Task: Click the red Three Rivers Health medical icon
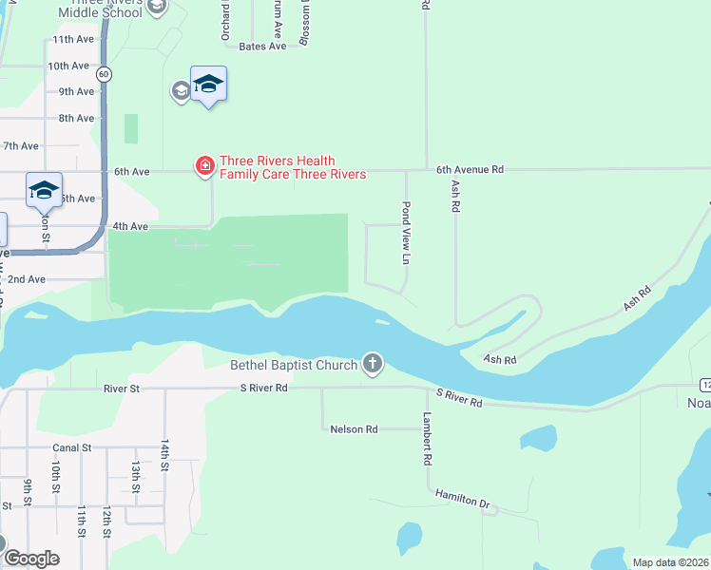click(x=204, y=167)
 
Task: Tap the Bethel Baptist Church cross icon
click(x=373, y=364)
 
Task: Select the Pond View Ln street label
click(x=406, y=233)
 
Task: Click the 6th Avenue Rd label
click(x=470, y=169)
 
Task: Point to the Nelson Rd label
click(x=354, y=429)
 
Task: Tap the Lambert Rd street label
click(x=429, y=439)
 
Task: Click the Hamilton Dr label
click(x=462, y=498)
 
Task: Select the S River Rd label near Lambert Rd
click(x=460, y=398)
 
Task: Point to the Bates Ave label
click(x=262, y=46)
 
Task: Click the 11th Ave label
click(x=74, y=40)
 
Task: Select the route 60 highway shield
click(x=105, y=73)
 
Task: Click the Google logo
click(x=30, y=559)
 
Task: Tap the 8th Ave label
click(x=77, y=118)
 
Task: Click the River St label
click(x=122, y=389)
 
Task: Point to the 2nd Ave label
click(x=27, y=279)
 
